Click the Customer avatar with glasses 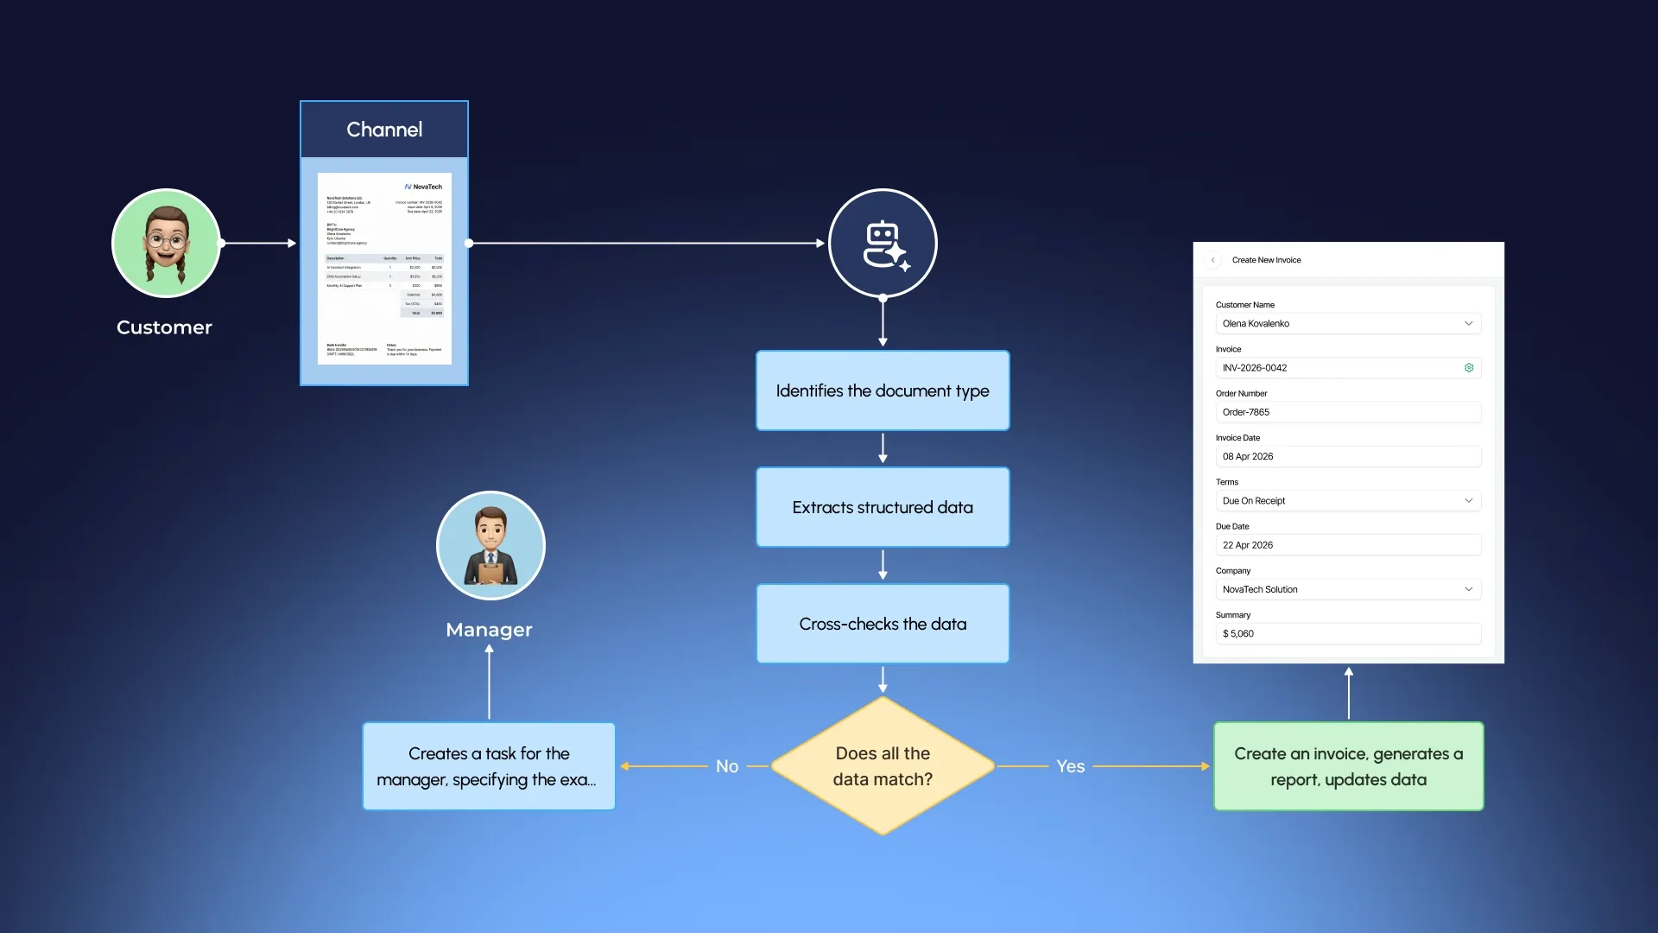click(166, 244)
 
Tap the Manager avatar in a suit click(490, 545)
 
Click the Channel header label click(384, 130)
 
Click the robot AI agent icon click(883, 244)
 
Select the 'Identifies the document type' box click(883, 390)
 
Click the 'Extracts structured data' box click(883, 507)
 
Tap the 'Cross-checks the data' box click(883, 624)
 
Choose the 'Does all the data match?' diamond click(883, 765)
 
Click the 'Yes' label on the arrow click(1070, 766)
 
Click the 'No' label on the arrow click(727, 766)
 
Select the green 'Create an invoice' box click(1348, 766)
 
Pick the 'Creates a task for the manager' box click(489, 766)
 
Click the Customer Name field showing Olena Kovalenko click(1347, 323)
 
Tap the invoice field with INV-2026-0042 click(1338, 368)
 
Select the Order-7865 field click(1347, 412)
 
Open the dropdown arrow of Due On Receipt click(1468, 501)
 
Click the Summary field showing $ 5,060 click(1347, 633)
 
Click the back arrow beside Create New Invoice click(1212, 260)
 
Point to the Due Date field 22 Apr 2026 click(1347, 545)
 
